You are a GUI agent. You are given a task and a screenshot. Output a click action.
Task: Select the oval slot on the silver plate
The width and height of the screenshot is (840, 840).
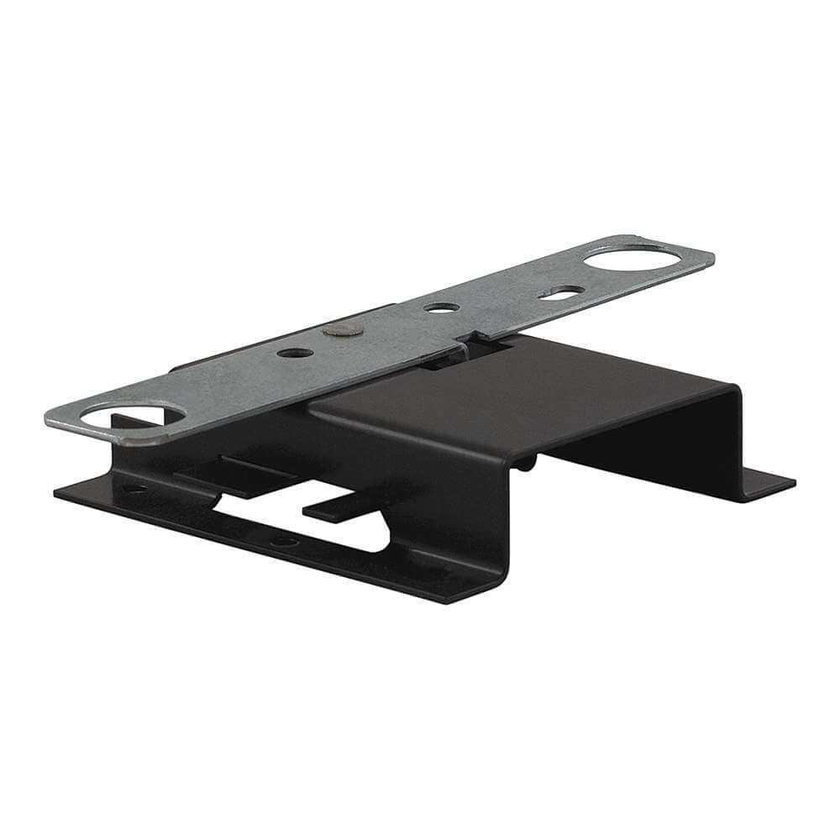[561, 291]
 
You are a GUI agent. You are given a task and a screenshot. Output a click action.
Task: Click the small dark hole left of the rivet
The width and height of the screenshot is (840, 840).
[295, 353]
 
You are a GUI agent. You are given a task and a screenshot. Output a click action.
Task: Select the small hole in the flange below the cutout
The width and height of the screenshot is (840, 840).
[286, 542]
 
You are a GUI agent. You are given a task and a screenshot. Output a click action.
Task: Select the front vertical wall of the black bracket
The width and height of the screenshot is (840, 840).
[454, 521]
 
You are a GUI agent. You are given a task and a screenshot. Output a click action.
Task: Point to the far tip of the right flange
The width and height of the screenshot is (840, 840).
[792, 482]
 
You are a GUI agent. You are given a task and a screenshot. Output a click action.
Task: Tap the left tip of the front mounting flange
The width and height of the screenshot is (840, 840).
[57, 491]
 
